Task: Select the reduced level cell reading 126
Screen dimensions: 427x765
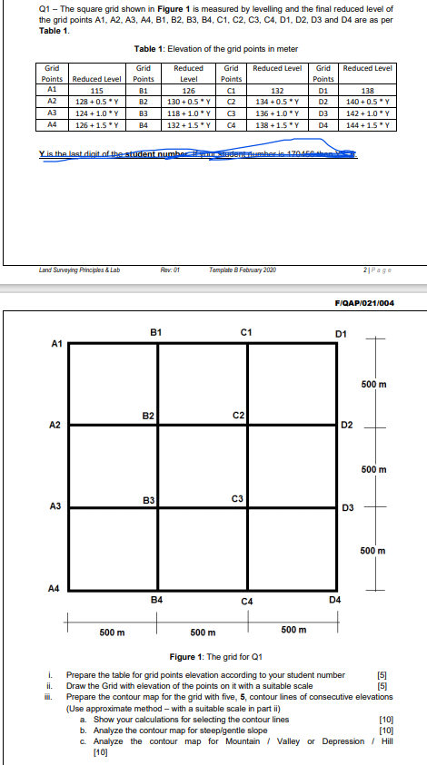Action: point(188,90)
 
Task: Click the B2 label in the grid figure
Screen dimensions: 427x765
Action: point(147,416)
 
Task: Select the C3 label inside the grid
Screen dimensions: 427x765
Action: point(237,498)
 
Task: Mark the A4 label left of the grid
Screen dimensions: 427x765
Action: point(55,588)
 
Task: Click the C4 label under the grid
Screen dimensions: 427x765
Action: point(246,601)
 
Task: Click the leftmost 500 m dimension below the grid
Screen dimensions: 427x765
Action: point(112,631)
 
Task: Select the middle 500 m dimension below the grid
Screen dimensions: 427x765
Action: point(203,631)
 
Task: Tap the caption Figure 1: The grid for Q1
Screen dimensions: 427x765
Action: point(215,655)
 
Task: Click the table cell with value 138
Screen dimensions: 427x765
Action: point(369,90)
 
